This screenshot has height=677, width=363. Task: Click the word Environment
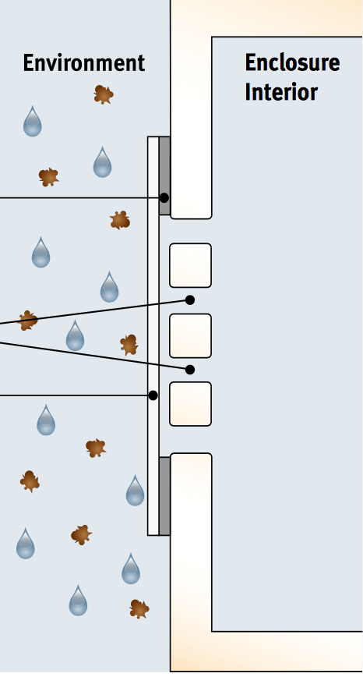click(x=84, y=63)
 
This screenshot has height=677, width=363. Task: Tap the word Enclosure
click(x=292, y=62)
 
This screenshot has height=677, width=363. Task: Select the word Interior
click(x=281, y=92)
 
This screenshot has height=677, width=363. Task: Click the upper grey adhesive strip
click(x=164, y=175)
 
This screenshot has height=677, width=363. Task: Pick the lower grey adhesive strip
click(x=164, y=496)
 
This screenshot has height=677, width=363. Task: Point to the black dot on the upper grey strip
click(x=164, y=198)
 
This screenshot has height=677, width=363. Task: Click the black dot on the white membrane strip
click(x=153, y=395)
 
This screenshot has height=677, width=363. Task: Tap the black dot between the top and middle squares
click(x=190, y=300)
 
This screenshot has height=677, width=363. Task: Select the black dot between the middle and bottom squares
click(x=190, y=370)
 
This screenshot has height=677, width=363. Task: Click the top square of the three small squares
click(x=190, y=265)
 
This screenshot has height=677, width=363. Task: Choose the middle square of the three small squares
click(x=190, y=335)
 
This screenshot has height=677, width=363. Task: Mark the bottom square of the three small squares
click(x=190, y=404)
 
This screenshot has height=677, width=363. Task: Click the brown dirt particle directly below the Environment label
click(x=104, y=94)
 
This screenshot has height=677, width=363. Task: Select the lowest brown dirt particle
click(x=139, y=609)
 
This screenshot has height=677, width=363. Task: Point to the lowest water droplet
click(x=78, y=601)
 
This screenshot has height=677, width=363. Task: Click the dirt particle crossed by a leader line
click(x=28, y=321)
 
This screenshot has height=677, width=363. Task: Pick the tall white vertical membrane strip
click(x=153, y=336)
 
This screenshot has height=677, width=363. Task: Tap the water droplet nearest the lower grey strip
click(x=135, y=491)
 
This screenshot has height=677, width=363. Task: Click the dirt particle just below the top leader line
click(x=120, y=220)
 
